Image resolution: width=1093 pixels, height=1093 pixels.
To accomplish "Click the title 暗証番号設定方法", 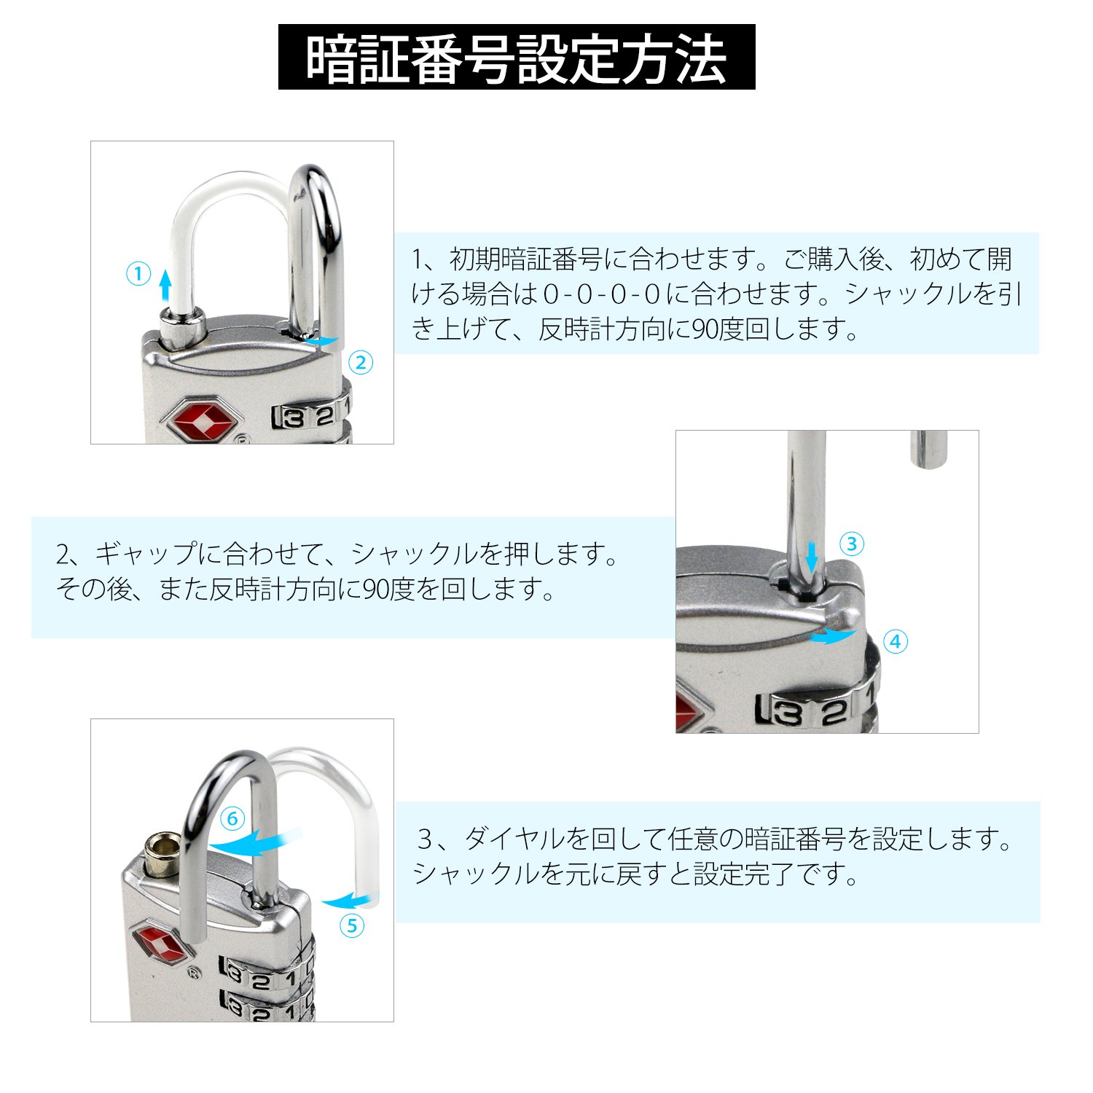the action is pyautogui.click(x=516, y=58).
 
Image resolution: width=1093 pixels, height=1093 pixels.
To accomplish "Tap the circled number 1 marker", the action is pyautogui.click(x=138, y=275).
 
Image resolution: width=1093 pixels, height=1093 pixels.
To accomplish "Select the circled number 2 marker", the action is pyautogui.click(x=361, y=363).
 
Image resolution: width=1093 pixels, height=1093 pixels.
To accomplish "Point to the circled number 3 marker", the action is pyautogui.click(x=852, y=544).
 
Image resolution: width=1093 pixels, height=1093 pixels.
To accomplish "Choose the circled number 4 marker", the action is pyautogui.click(x=896, y=642).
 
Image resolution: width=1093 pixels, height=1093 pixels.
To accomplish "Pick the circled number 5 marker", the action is pyautogui.click(x=353, y=925).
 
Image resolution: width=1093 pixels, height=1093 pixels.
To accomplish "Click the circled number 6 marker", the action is pyautogui.click(x=232, y=819).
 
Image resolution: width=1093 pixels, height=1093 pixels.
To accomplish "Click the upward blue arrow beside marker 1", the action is pyautogui.click(x=166, y=284).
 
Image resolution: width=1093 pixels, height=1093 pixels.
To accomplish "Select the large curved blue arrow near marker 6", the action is pyautogui.click(x=255, y=842).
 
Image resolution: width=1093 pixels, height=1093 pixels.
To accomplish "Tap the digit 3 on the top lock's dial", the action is pyautogui.click(x=294, y=418).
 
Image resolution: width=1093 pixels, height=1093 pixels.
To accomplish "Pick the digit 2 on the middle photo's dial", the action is pyautogui.click(x=834, y=712).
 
